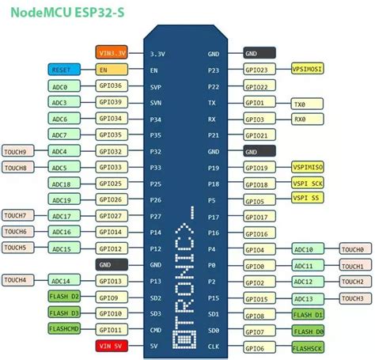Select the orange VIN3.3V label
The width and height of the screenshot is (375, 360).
pos(112,53)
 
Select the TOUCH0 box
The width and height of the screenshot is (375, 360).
pos(352,249)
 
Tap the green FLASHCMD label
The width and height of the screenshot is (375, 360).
pos(64,329)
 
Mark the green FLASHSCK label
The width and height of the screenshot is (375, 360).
pos(307,347)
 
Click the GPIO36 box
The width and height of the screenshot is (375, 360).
pos(112,86)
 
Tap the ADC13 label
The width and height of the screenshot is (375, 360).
pos(307,298)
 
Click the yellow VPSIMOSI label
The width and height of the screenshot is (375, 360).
pos(308,70)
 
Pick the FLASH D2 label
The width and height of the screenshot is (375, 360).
pos(64,297)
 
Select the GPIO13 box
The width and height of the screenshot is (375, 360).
pos(112,281)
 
